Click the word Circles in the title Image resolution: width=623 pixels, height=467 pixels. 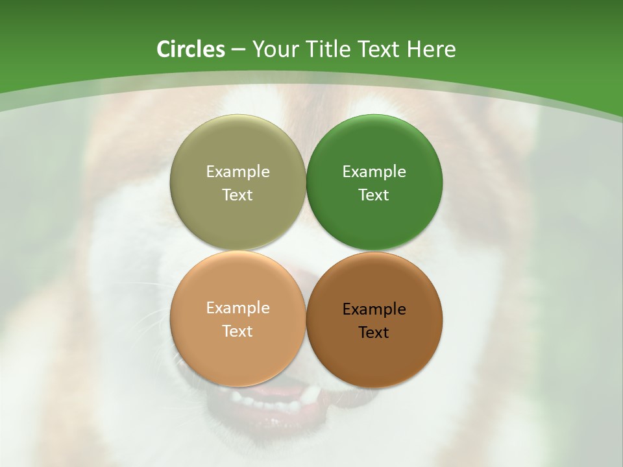pyautogui.click(x=191, y=49)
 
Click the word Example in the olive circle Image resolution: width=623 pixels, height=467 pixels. pyautogui.click(x=238, y=171)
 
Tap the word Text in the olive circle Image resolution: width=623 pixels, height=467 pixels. pyautogui.click(x=238, y=195)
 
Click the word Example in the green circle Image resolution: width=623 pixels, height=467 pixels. pyautogui.click(x=374, y=171)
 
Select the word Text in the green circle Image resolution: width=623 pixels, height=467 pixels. pyautogui.click(x=374, y=195)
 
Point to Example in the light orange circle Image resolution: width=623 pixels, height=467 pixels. pyautogui.click(x=238, y=307)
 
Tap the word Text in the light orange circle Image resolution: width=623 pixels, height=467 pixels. pyautogui.click(x=238, y=331)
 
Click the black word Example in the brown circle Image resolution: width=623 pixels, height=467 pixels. pyautogui.click(x=374, y=309)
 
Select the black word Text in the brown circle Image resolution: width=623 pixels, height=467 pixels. pyautogui.click(x=374, y=332)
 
